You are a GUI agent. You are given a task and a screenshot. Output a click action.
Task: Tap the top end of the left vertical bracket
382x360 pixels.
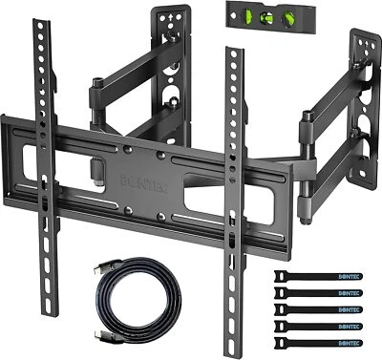[40, 29]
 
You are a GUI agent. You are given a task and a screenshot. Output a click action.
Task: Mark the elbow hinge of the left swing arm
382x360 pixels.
[98, 95]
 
